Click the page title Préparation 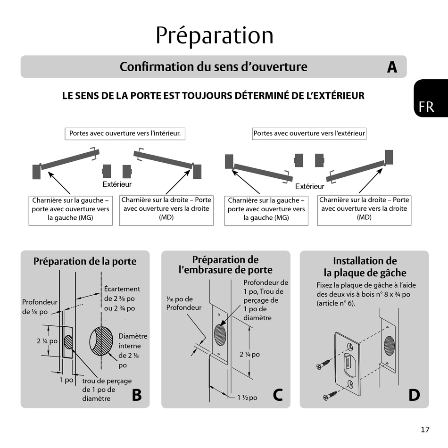tap(215, 35)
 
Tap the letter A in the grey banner tap(392, 67)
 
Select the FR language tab tap(426, 107)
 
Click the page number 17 tap(425, 429)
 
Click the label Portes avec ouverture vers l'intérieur tap(125, 133)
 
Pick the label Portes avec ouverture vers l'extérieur tap(309, 133)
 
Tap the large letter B tap(136, 395)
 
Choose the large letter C tap(278, 395)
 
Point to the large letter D tap(414, 395)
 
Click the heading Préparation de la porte tap(85, 261)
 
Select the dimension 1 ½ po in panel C tap(247, 398)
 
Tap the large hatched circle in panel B tap(101, 341)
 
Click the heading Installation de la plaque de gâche tap(365, 267)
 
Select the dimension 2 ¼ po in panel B tap(47, 341)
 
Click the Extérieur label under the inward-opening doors tap(117, 184)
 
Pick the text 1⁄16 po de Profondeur tap(183, 303)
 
